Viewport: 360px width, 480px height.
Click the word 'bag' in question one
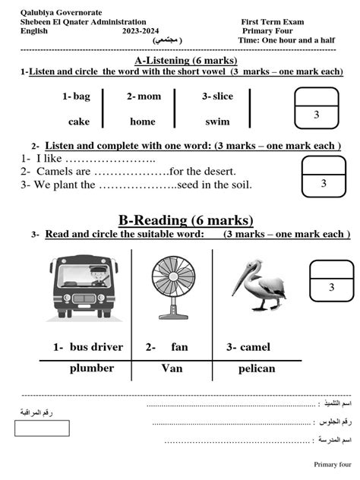tap(81, 96)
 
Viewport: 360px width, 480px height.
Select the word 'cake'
tap(79, 122)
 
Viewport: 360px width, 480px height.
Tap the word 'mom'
tap(150, 96)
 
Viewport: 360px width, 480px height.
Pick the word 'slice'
tap(223, 96)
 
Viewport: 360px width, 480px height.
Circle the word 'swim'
tap(217, 122)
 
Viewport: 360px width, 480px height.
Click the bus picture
tap(85, 285)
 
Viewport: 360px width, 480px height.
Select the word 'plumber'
tap(92, 368)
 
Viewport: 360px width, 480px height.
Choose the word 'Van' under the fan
tap(172, 368)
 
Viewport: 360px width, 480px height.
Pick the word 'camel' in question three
tap(255, 347)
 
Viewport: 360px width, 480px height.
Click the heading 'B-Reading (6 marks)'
tap(185, 220)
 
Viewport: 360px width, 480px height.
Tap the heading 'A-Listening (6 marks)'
tap(185, 60)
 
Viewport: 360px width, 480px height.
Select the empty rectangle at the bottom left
tap(36, 428)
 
